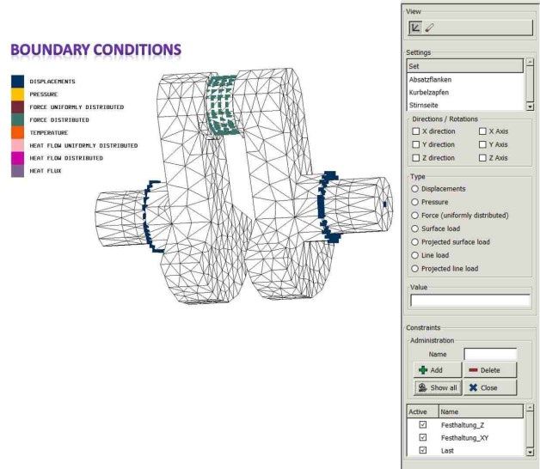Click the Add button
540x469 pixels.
click(438, 370)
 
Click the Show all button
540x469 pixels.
click(438, 387)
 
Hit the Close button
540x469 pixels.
click(490, 387)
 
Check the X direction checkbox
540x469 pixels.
click(415, 131)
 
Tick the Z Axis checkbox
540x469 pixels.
click(482, 157)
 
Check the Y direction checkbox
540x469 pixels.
click(415, 144)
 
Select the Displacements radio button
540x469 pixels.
click(414, 189)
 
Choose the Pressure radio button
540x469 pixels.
click(414, 202)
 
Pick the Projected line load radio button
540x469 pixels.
click(414, 268)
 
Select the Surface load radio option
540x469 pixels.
click(414, 228)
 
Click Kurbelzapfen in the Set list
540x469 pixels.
click(429, 92)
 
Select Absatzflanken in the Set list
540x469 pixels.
click(430, 80)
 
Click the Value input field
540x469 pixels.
click(470, 301)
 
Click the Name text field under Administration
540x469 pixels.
click(490, 354)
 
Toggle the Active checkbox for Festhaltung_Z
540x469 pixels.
click(423, 424)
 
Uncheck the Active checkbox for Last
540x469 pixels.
click(423, 450)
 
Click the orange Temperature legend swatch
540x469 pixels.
click(17, 132)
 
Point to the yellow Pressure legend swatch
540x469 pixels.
click(17, 94)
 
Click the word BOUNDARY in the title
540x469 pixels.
click(50, 50)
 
